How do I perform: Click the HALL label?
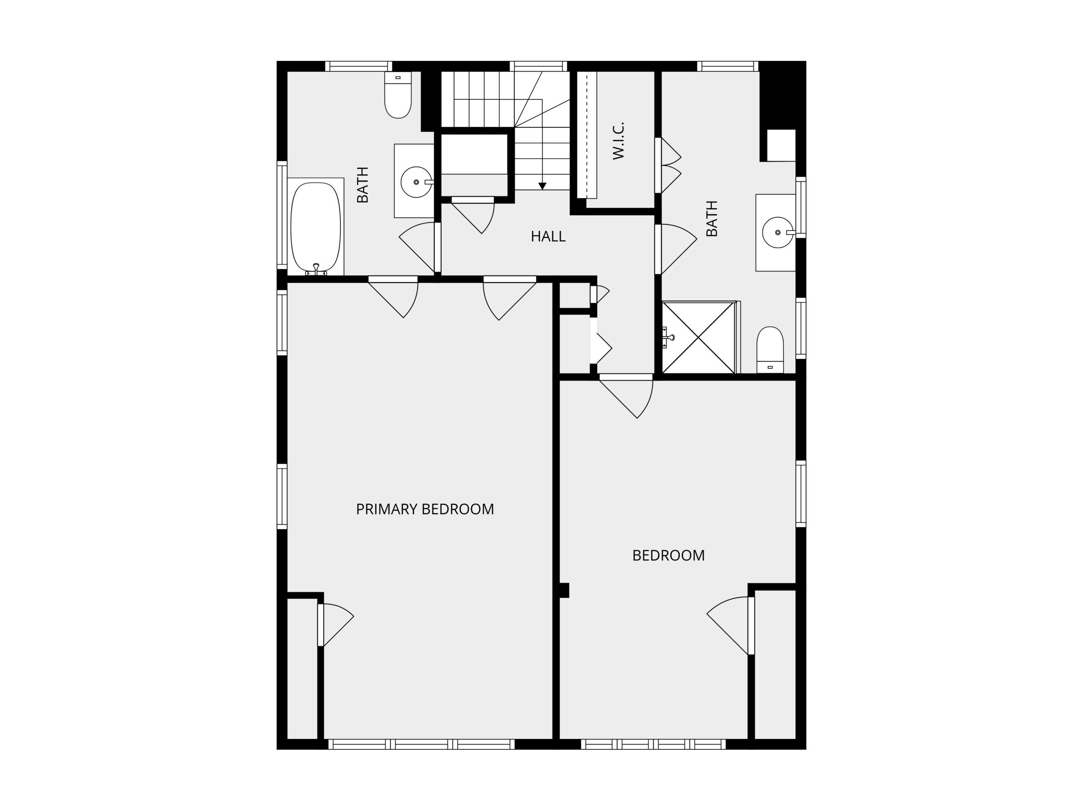(x=548, y=236)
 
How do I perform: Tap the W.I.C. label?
(x=618, y=141)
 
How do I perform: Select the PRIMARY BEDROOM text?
(x=425, y=509)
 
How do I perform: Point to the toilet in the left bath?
(x=398, y=95)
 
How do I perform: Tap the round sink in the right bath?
(x=778, y=233)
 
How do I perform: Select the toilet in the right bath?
(x=770, y=349)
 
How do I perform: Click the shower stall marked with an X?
(x=699, y=338)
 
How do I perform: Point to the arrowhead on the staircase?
(x=542, y=186)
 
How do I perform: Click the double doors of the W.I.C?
(x=668, y=165)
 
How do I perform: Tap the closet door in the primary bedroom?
(x=335, y=625)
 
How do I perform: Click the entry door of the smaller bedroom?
(x=626, y=396)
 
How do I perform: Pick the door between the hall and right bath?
(x=676, y=249)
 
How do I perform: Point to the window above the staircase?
(x=538, y=66)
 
